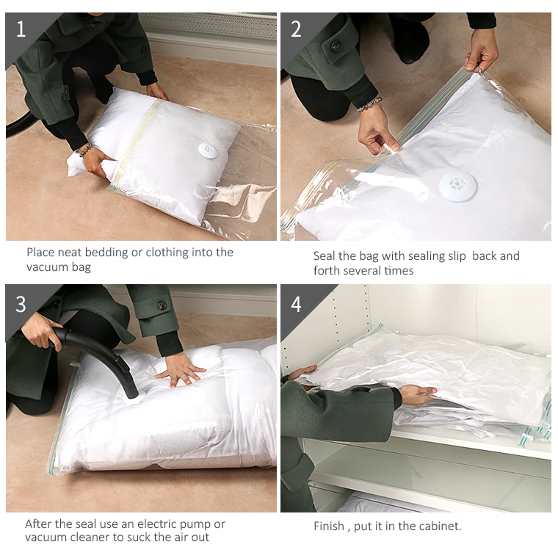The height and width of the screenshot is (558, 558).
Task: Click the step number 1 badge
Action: coord(21,29)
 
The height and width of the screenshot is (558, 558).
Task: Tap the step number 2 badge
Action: coord(296,29)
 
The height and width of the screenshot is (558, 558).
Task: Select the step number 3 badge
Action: coord(21,304)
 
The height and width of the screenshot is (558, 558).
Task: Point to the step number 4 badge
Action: coord(296,304)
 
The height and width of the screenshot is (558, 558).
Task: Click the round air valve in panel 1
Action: coord(208,151)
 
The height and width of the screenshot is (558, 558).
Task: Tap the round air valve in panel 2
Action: coord(457,186)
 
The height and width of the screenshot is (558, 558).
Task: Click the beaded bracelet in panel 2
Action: coord(369,104)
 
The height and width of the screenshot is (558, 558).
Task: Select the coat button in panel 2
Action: coord(336,46)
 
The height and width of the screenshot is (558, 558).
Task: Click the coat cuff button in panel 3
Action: coord(162,305)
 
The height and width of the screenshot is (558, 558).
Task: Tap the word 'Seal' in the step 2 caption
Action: coord(324,256)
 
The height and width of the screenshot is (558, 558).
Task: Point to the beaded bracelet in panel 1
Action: coord(84,150)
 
